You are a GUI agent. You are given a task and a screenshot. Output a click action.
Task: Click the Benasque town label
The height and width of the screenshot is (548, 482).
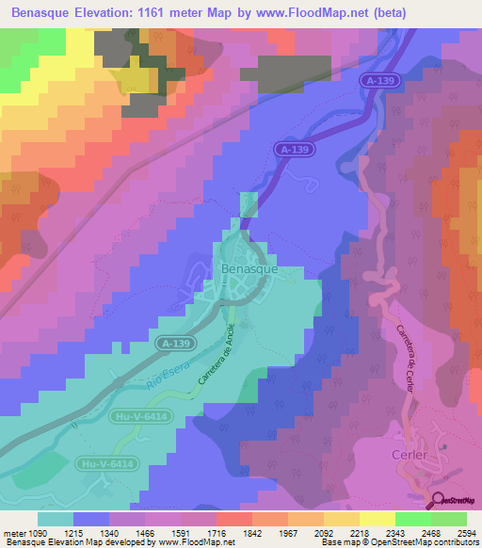pos(248,268)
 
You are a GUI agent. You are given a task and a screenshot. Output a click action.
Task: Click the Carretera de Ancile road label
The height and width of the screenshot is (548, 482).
pos(212,362)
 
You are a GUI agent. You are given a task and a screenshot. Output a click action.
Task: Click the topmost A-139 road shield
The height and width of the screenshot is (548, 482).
pos(379,83)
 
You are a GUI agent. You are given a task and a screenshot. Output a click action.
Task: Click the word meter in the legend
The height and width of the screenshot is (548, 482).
pos(13,534)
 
